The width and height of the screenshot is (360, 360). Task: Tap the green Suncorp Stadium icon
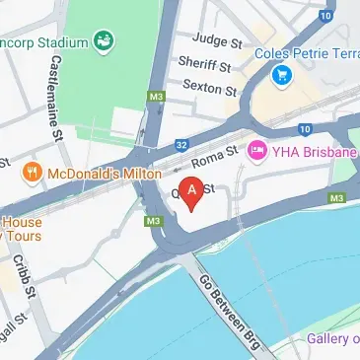103,41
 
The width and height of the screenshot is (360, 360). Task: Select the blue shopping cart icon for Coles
283,73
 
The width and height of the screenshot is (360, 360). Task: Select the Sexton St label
207,89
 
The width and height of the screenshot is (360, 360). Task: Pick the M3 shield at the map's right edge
339,198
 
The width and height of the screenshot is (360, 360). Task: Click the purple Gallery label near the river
331,338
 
